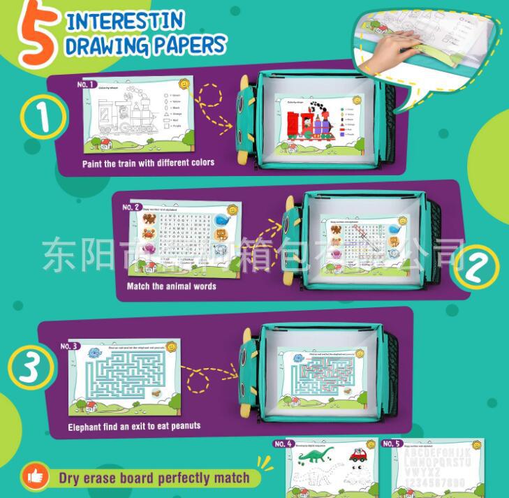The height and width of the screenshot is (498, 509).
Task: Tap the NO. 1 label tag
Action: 88,84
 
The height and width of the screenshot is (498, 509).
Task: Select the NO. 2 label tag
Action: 132,207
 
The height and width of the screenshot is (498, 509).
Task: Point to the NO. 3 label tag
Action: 71,346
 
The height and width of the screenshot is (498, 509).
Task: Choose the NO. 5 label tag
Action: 392,444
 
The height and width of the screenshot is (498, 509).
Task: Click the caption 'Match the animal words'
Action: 171,286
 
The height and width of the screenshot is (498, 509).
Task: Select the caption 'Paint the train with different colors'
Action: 148,163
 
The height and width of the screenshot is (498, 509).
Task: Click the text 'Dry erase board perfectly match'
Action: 154,478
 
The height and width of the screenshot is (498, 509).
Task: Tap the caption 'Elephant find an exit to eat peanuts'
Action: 134,426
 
